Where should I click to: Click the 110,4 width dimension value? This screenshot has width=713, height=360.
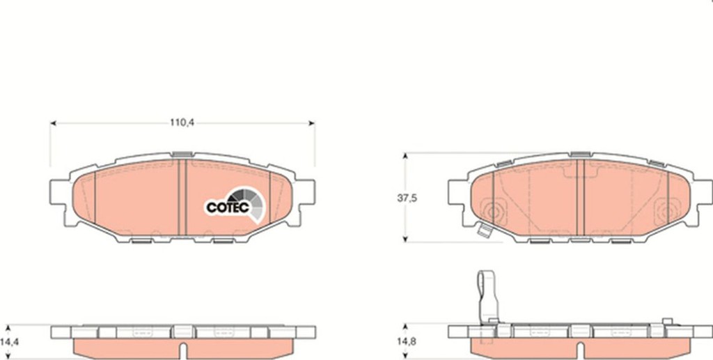182,123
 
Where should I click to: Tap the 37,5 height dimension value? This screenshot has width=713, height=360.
407,198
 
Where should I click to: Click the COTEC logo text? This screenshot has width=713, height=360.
228,208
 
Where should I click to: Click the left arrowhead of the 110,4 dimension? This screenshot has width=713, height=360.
53,123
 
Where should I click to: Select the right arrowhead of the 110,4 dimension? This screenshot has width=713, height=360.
311,123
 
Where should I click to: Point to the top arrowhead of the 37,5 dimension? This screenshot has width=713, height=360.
405,156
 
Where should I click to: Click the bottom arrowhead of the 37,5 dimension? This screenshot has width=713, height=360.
405,239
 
